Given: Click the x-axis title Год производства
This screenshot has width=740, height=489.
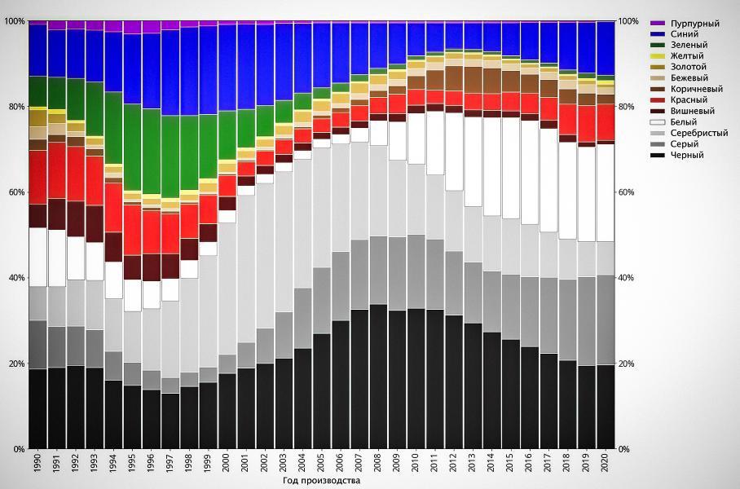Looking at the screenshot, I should tap(321, 481).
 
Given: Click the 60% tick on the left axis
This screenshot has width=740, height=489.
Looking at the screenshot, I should tap(16, 192).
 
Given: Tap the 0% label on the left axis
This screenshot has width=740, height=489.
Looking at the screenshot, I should tap(19, 449).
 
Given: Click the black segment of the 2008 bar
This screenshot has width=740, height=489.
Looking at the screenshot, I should tap(378, 375).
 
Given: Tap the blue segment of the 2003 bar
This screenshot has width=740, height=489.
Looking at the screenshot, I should tap(284, 62).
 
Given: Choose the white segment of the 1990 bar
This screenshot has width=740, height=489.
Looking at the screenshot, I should tap(37, 257).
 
